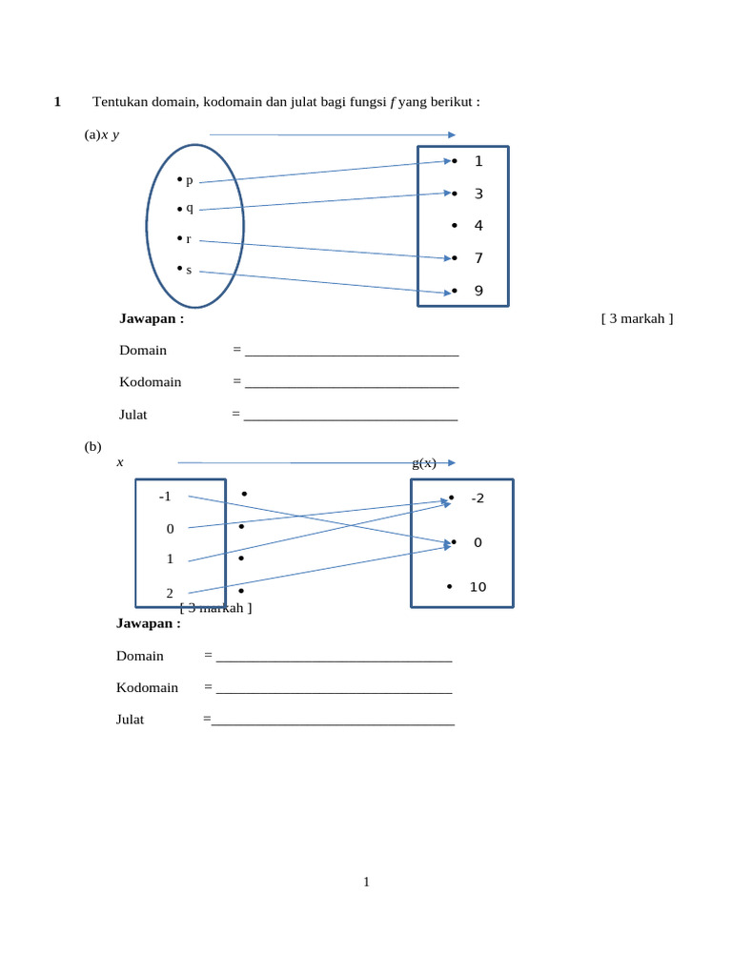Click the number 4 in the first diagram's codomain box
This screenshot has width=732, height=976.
[478, 226]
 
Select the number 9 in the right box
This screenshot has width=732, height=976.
[478, 291]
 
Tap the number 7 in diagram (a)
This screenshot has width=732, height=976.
[478, 258]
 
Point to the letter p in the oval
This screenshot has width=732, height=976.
[189, 180]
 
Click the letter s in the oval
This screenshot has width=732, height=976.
[189, 270]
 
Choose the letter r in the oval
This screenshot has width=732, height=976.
[189, 239]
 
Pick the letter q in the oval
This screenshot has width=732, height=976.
[189, 208]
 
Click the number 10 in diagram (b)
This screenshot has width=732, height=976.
[478, 587]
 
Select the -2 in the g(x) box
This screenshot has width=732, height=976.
[478, 498]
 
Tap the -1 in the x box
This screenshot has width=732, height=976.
[166, 497]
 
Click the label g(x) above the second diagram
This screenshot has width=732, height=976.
[424, 463]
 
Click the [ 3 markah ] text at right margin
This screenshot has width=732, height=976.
[637, 318]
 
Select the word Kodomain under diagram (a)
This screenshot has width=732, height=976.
[151, 382]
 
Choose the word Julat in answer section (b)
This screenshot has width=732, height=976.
[131, 720]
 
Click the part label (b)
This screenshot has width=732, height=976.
[92, 446]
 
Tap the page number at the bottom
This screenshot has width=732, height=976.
[366, 883]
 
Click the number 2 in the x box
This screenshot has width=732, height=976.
[170, 593]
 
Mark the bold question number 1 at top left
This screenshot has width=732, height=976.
[57, 102]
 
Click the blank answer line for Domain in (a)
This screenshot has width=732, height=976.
[352, 352]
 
